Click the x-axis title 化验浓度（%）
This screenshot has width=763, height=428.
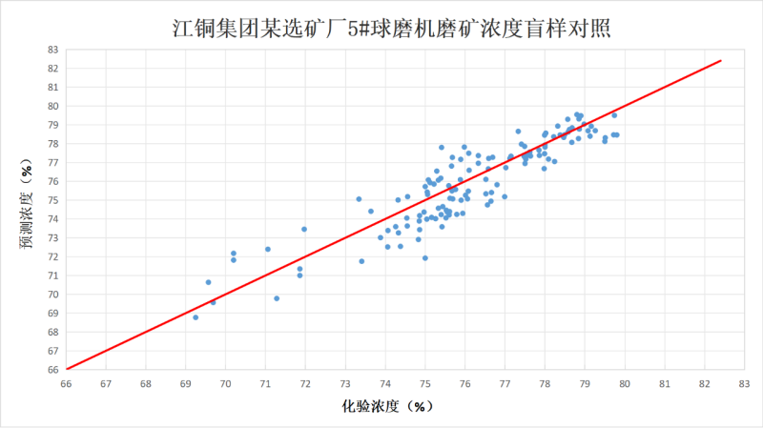click(x=388, y=406)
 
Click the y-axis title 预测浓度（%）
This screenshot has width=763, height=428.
click(x=28, y=208)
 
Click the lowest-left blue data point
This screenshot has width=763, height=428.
click(x=196, y=316)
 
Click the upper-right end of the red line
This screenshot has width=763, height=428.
click(x=721, y=61)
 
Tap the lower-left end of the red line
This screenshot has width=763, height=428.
click(x=67, y=368)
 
